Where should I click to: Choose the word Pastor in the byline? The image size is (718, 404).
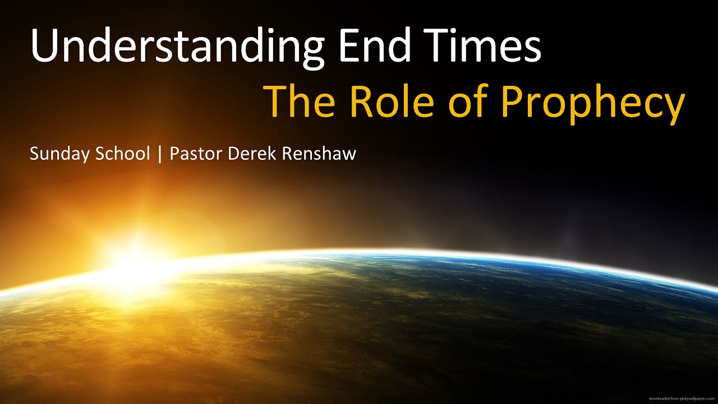pyautogui.click(x=196, y=153)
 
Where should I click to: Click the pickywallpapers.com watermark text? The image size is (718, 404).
pyautogui.click(x=681, y=398)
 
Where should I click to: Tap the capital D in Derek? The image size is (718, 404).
pyautogui.click(x=233, y=153)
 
